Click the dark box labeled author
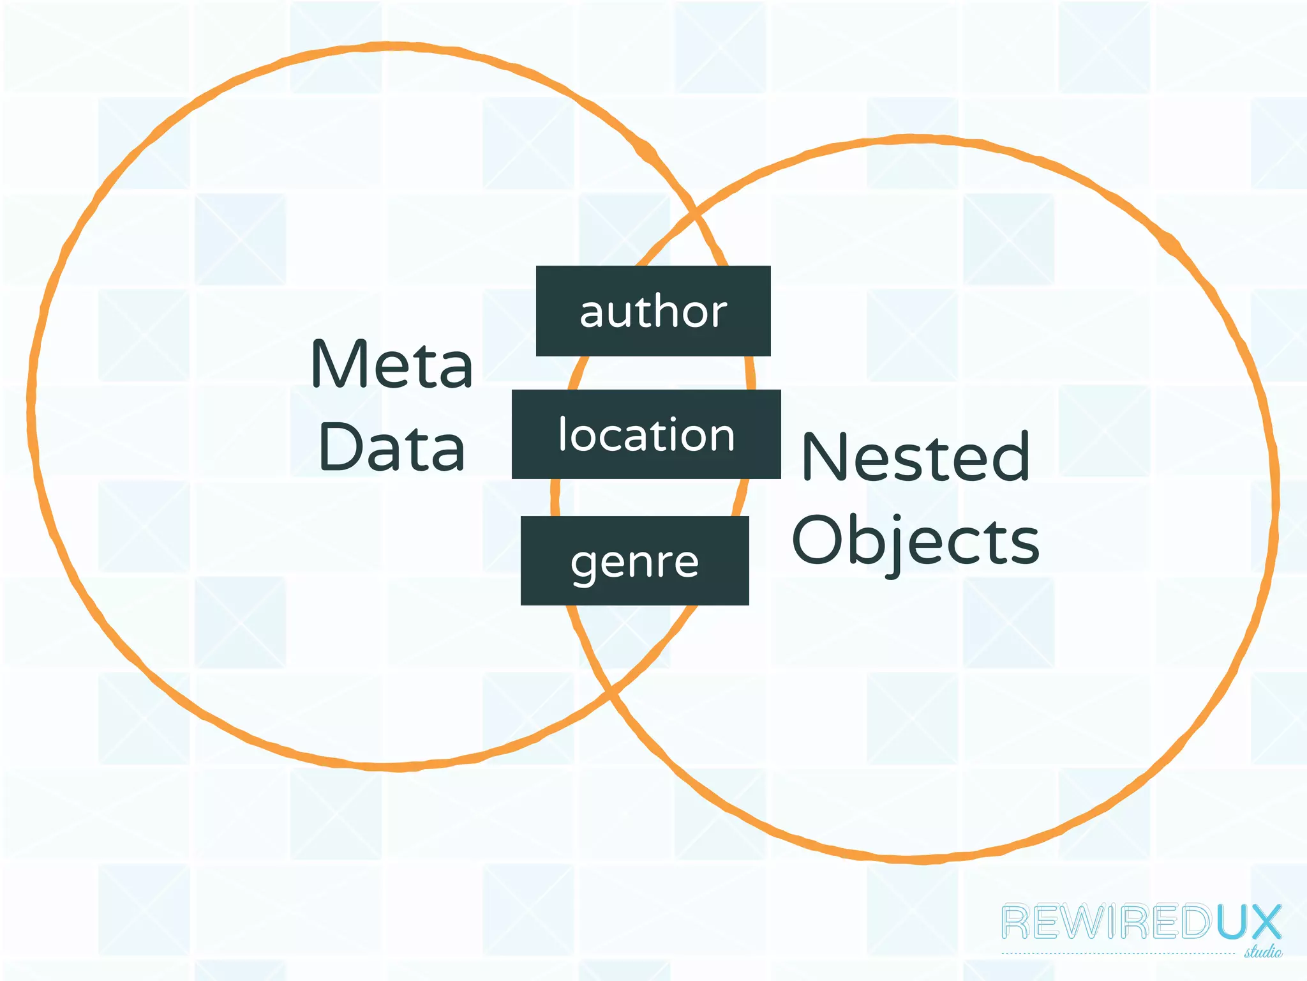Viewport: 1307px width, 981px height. pos(653,311)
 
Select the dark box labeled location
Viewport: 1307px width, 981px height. pos(646,434)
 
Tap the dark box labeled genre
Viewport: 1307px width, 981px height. pos(634,561)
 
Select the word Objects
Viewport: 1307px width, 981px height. pos(915,541)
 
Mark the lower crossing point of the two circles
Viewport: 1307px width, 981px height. pos(611,692)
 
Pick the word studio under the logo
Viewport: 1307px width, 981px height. pos(1263,952)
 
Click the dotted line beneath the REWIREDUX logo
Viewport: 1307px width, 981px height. pos(1117,954)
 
